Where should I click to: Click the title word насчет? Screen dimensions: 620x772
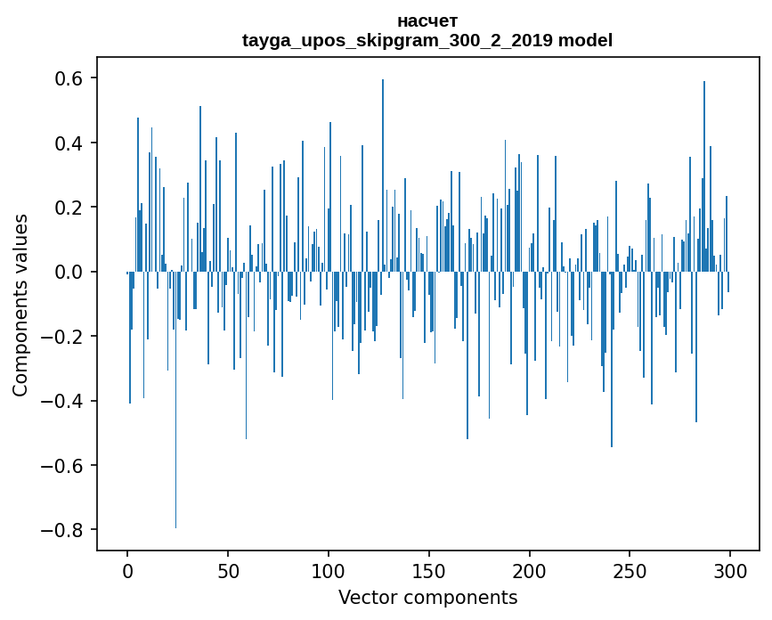tap(427, 20)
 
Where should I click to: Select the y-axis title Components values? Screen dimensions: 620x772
tap(20, 305)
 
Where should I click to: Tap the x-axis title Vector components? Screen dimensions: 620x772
tap(427, 597)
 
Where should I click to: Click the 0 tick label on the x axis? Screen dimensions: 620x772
tap(127, 570)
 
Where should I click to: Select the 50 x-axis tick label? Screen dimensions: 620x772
tap(228, 570)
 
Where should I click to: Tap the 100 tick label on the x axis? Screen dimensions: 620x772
tap(329, 570)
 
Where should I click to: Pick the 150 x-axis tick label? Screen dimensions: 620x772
tap(429, 570)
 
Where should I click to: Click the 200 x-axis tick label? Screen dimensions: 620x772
tap(530, 570)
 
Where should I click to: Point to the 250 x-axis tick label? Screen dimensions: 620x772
tap(630, 570)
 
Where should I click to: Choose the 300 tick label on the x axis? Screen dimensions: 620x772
tap(730, 570)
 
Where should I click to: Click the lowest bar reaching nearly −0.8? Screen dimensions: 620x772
tap(175, 445)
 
